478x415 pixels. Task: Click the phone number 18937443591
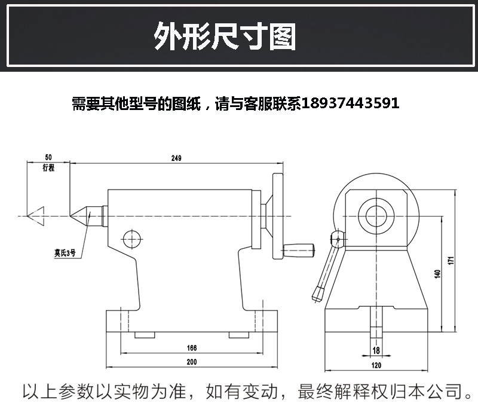point(351,103)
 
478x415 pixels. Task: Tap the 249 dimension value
point(176,158)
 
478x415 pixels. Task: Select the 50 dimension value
point(48,157)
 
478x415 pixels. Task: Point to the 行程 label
point(48,168)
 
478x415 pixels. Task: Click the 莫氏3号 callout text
point(62,253)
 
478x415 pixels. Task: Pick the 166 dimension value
point(191,347)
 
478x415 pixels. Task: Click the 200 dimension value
point(191,362)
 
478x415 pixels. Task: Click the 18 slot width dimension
point(376,350)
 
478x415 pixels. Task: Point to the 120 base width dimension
point(376,364)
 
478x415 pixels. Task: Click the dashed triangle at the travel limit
point(37,215)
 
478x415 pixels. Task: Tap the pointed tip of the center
point(72,215)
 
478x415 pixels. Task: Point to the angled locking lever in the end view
point(327,266)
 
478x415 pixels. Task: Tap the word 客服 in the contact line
point(262,103)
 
